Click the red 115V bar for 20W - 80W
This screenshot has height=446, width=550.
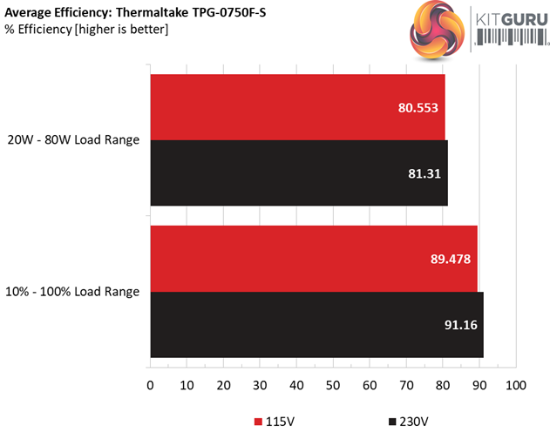(x=296, y=107)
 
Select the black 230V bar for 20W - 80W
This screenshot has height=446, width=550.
(x=298, y=173)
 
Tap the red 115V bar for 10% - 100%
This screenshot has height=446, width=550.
(x=314, y=259)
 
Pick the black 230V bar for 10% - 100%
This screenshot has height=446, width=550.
(x=316, y=325)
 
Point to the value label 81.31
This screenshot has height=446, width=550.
(x=423, y=173)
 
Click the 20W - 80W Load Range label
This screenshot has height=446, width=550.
(x=73, y=140)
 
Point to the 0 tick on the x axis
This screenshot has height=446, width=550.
(x=150, y=384)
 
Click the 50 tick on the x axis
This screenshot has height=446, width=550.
(x=333, y=384)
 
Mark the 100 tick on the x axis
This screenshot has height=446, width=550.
(x=516, y=384)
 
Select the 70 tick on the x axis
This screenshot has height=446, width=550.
(x=406, y=384)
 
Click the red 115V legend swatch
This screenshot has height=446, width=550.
(x=258, y=422)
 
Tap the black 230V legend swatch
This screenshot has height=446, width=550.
(x=391, y=422)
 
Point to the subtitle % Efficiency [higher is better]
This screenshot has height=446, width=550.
(x=87, y=30)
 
